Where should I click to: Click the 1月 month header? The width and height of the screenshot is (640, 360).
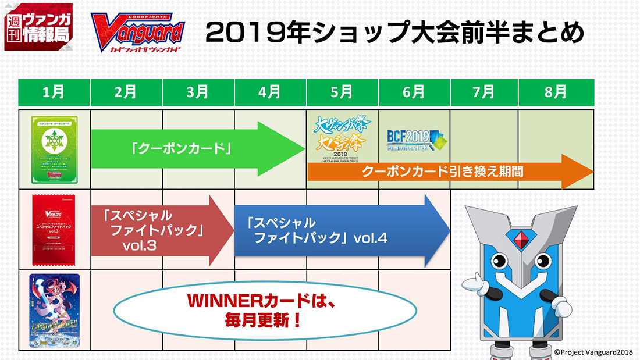[x=54, y=92]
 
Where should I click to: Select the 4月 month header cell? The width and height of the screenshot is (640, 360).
[x=271, y=92]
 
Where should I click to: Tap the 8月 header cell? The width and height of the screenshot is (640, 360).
[x=556, y=92]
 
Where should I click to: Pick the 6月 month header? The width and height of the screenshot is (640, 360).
[x=414, y=92]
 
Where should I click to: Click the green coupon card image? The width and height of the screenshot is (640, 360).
[x=54, y=148]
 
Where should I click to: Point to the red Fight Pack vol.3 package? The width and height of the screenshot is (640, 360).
[x=54, y=229]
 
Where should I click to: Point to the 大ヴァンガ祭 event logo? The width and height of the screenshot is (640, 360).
[x=342, y=137]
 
